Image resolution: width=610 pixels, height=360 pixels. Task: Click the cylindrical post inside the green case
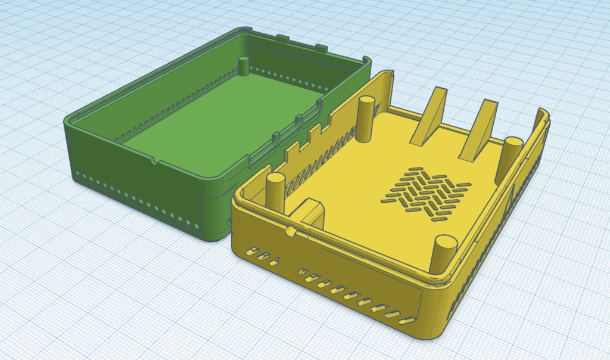244,66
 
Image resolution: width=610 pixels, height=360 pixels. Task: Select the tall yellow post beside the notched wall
366,119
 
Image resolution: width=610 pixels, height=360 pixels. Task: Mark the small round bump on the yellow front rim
290,231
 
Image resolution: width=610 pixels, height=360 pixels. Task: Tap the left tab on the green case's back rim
284,39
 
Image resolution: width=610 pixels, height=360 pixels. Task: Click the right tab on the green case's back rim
320,47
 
